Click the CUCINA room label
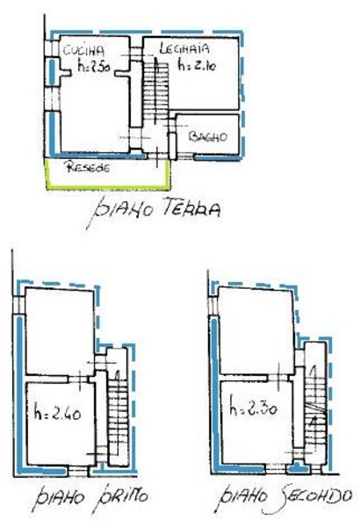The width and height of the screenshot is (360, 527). (83, 51)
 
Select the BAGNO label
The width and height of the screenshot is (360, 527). (208, 136)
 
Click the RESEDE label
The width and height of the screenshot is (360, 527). (89, 167)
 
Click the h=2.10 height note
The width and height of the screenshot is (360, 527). (197, 64)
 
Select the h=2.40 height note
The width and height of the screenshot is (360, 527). (57, 414)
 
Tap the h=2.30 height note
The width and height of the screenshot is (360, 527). (253, 408)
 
